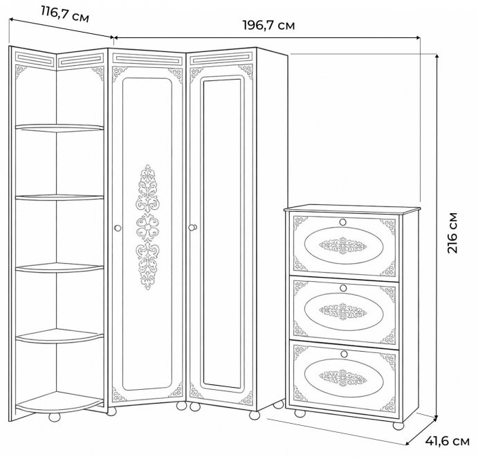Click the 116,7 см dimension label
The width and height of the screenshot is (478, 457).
point(65,15)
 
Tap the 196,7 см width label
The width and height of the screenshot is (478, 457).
point(269,26)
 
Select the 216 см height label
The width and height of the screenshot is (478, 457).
point(452,233)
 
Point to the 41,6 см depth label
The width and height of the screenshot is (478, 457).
point(447,441)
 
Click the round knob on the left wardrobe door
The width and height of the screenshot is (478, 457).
point(118,228)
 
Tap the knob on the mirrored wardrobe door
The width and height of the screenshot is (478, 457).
point(193,228)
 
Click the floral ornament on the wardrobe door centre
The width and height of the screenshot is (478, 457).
point(147,227)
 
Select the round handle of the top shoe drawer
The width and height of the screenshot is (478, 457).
point(343,222)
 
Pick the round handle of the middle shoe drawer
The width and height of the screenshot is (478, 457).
point(343,288)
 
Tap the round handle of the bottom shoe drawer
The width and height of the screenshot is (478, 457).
point(344,354)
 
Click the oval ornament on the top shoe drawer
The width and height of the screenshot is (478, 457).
point(343,245)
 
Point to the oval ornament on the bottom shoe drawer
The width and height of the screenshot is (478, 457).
point(344,377)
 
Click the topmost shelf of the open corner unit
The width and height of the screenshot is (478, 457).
point(59,128)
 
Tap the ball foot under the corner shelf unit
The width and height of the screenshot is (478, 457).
point(55,417)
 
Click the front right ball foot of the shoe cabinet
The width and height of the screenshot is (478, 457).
point(398,425)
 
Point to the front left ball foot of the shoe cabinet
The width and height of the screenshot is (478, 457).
point(300,413)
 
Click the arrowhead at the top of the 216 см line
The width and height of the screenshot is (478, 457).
point(437,57)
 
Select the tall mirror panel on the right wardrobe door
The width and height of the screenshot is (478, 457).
point(222,233)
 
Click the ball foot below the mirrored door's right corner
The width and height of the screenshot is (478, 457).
point(255,415)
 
